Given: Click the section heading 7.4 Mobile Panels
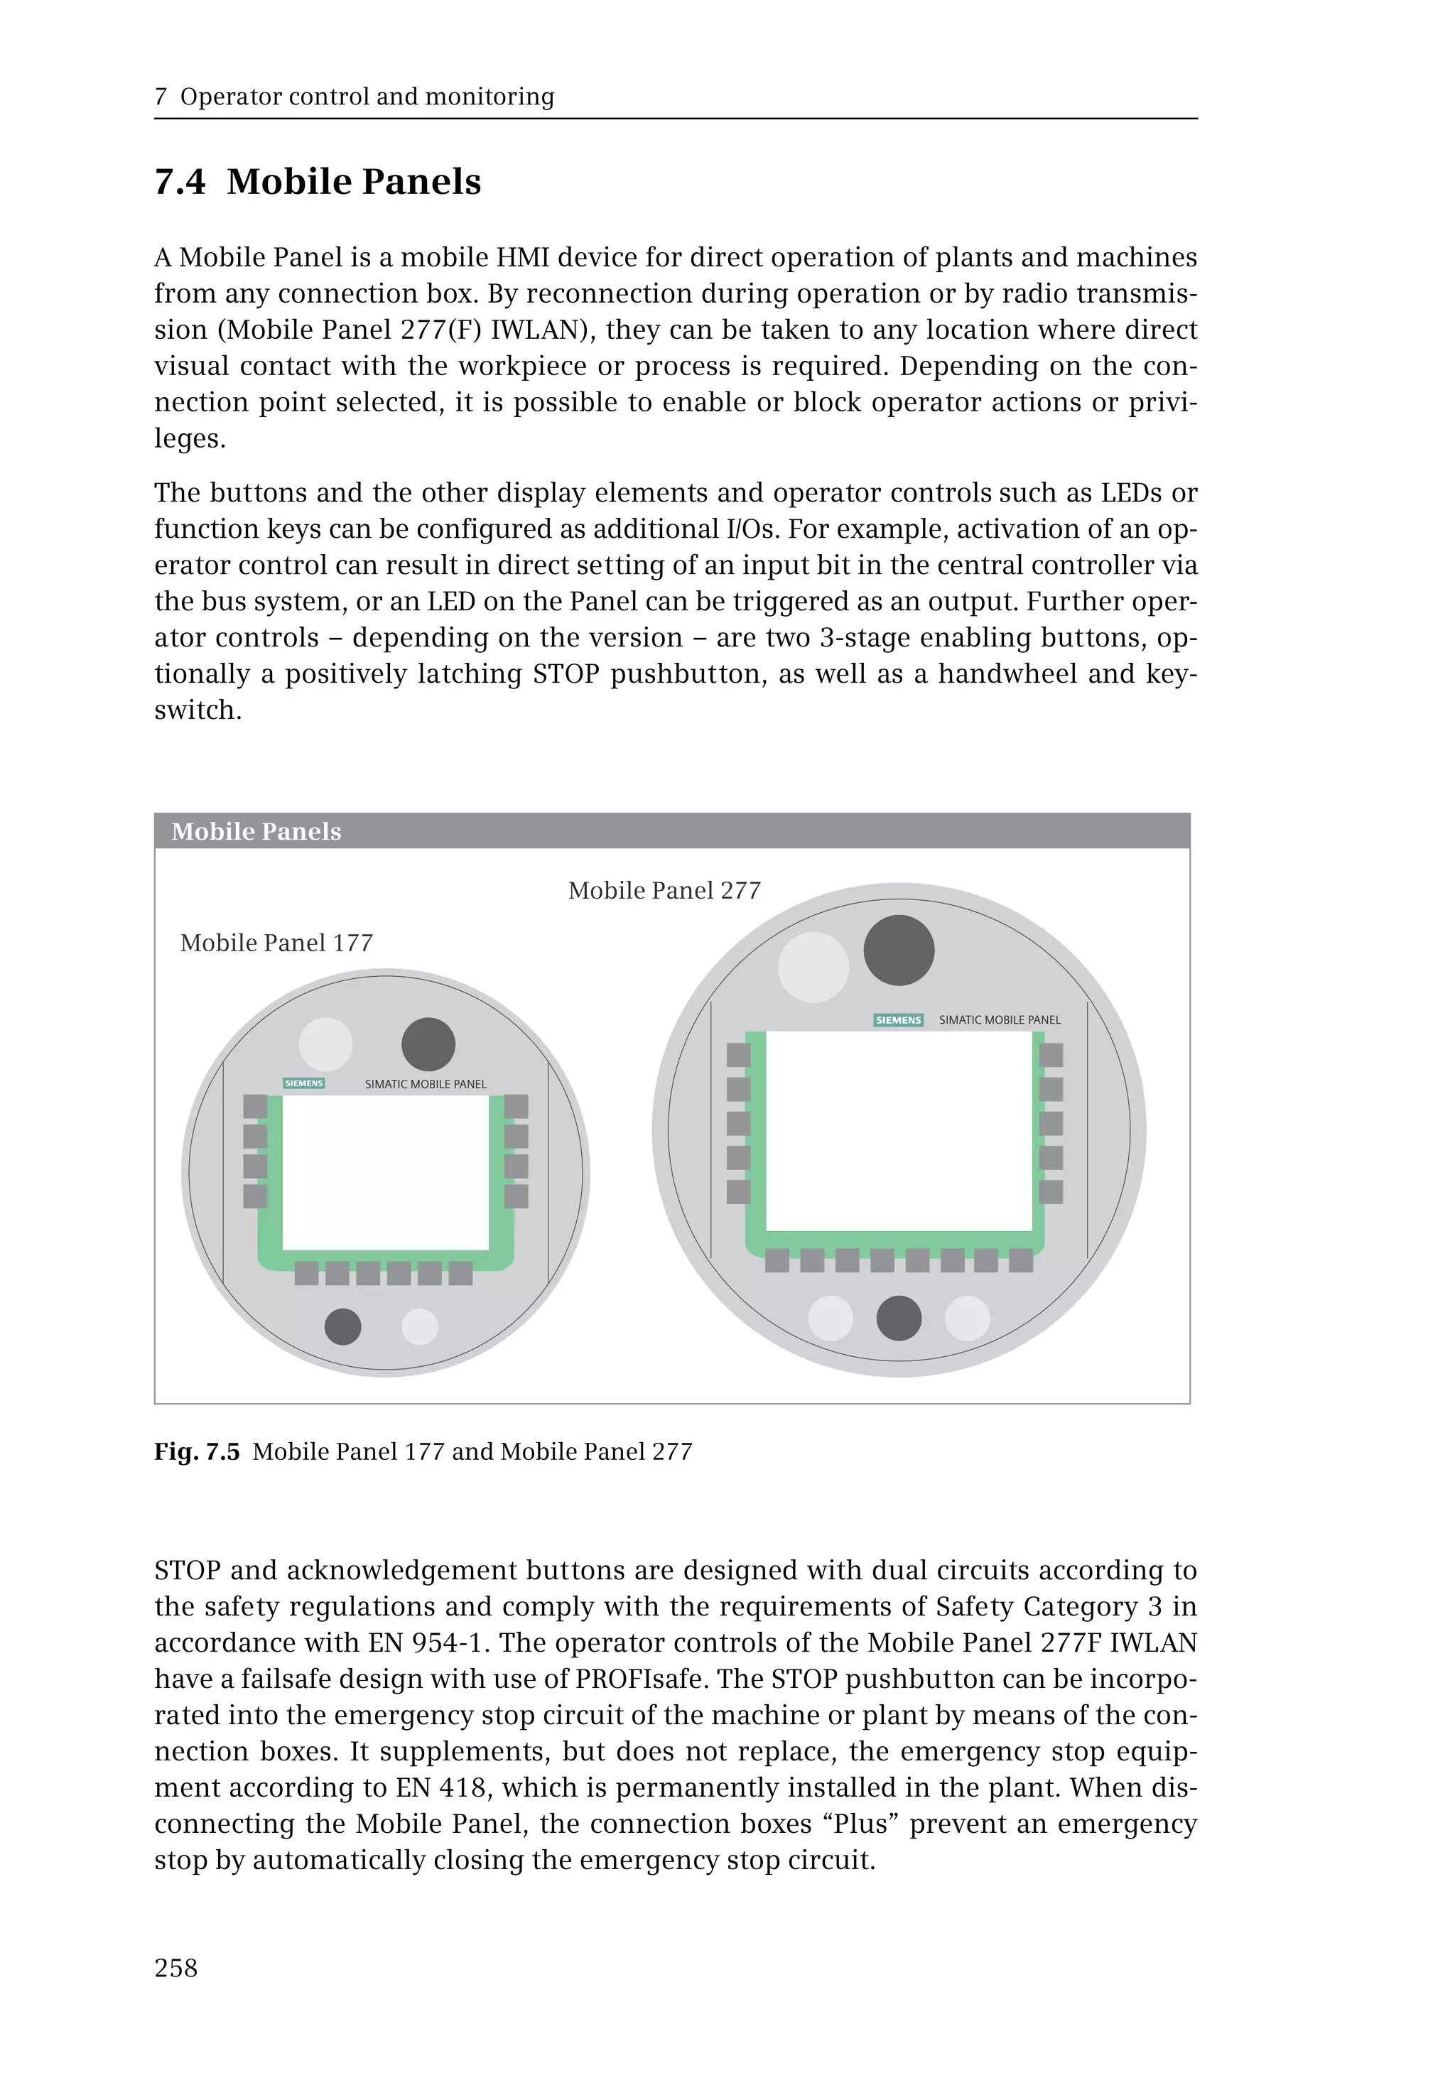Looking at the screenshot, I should point(318,181).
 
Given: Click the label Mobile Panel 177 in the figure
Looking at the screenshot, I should point(276,943).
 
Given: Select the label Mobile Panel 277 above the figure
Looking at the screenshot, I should point(664,891).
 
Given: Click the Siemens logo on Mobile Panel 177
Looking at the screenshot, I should point(303,1083).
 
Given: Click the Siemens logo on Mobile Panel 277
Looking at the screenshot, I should point(898,1020).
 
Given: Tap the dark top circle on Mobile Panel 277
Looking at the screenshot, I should point(898,950).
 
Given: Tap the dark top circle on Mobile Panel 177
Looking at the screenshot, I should point(428,1044).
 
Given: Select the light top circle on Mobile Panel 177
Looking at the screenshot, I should point(325,1044).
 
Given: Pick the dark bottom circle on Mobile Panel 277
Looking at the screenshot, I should point(898,1319).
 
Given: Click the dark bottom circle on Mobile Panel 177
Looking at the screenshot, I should point(342,1326).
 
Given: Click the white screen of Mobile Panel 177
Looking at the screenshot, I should point(385,1171).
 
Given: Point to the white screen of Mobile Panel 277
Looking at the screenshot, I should point(898,1130).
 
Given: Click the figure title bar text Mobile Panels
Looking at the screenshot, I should point(256,831).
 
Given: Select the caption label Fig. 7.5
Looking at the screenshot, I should point(197,1451).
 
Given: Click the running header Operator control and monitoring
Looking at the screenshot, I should point(367,97).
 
